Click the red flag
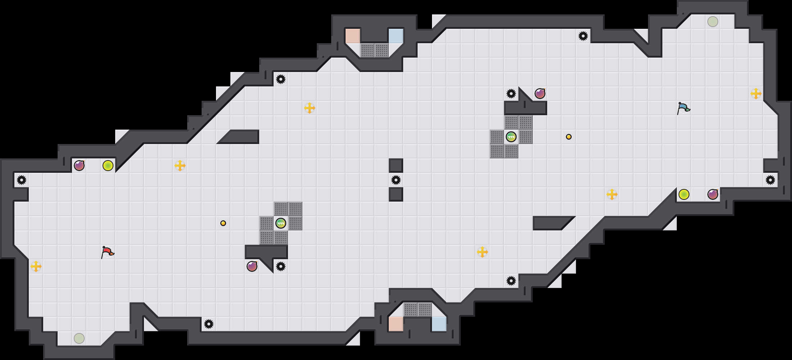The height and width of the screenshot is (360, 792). pyautogui.click(x=107, y=252)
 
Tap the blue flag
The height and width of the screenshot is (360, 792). pyautogui.click(x=683, y=108)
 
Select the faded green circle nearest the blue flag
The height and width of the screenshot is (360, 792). pyautogui.click(x=713, y=22)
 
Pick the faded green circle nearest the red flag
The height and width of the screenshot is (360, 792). pyautogui.click(x=79, y=338)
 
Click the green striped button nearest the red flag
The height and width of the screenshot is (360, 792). pyautogui.click(x=281, y=223)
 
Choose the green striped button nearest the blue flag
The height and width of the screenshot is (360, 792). pyautogui.click(x=511, y=137)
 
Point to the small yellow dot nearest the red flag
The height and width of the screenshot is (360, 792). pyautogui.click(x=223, y=223)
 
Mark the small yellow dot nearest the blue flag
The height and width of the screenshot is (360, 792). pyautogui.click(x=569, y=137)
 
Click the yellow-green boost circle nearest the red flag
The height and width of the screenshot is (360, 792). pyautogui.click(x=108, y=166)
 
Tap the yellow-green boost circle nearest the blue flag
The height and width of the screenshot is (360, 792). pyautogui.click(x=684, y=194)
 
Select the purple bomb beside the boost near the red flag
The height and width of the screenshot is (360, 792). pyautogui.click(x=79, y=166)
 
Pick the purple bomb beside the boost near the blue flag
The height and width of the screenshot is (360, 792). pyautogui.click(x=713, y=194)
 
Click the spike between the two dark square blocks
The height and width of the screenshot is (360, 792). pyautogui.click(x=396, y=180)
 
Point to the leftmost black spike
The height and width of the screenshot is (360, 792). pyautogui.click(x=22, y=180)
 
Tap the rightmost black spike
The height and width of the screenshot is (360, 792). pyautogui.click(x=770, y=180)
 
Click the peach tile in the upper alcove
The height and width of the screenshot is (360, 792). pyautogui.click(x=353, y=36)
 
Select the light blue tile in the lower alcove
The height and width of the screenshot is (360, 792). pyautogui.click(x=439, y=324)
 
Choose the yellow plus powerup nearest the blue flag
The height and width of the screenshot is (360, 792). pyautogui.click(x=756, y=94)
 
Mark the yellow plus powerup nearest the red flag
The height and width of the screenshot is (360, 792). pyautogui.click(x=36, y=266)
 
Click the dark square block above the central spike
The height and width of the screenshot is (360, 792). pyautogui.click(x=396, y=166)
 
